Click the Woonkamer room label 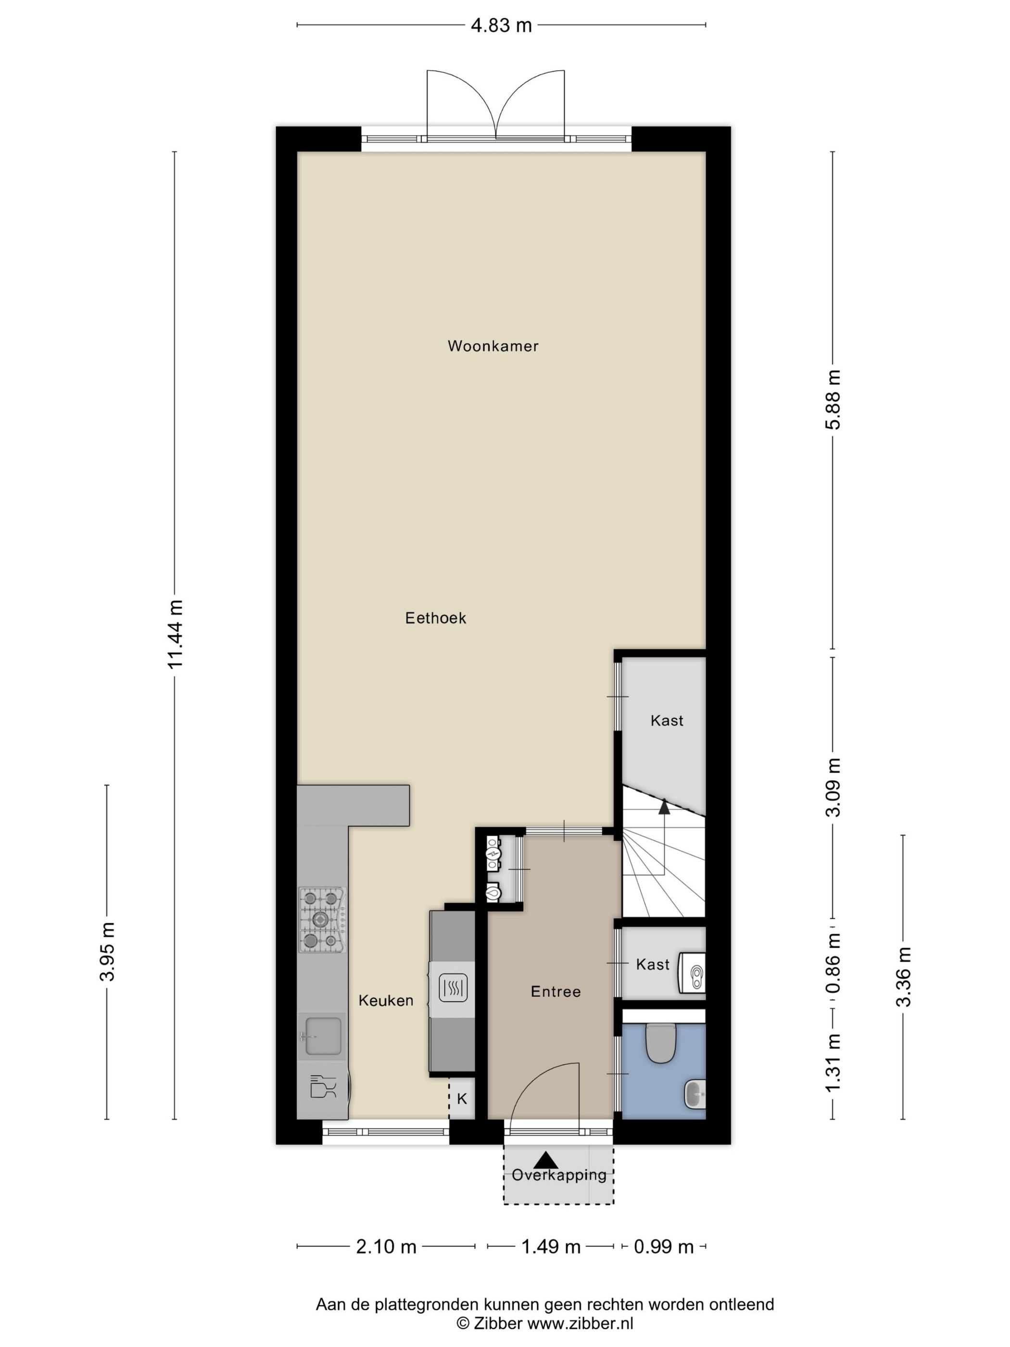492,346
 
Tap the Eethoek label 435,618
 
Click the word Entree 555,991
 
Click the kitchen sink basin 323,1036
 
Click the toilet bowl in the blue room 660,1042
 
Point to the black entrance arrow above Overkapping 546,1159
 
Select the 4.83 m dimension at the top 501,25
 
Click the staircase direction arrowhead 664,808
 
